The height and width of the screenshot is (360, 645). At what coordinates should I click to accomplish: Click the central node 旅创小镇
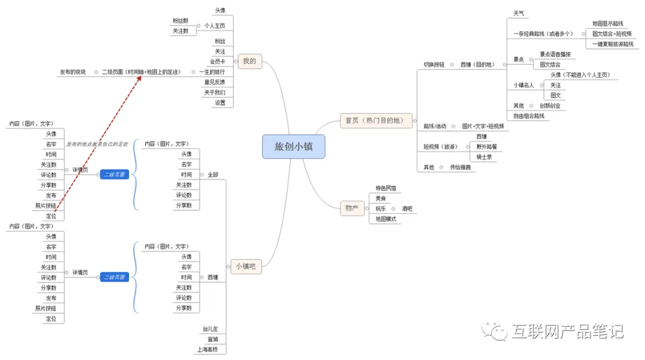[293, 146]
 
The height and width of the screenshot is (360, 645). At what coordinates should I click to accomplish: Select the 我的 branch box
[250, 61]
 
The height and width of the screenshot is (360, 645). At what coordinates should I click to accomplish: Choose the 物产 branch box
[352, 208]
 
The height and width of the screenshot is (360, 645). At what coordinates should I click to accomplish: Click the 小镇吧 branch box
[245, 267]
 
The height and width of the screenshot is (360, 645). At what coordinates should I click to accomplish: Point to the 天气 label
[519, 13]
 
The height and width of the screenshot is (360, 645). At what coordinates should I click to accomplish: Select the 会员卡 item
[217, 61]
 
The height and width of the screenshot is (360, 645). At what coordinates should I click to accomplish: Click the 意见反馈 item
[214, 82]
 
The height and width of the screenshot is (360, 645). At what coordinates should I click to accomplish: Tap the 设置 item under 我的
[220, 102]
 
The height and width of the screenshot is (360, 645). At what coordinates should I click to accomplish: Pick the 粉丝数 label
[181, 21]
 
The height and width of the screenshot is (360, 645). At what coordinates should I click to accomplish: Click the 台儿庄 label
[211, 329]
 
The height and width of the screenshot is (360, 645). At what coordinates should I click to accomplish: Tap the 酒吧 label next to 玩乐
[407, 209]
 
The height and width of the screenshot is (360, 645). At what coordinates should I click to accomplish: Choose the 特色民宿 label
[386, 188]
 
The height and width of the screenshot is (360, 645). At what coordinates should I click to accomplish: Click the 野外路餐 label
[486, 146]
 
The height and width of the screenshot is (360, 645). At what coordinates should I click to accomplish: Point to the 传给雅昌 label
[460, 167]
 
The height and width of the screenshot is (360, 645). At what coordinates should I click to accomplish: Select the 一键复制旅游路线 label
[613, 44]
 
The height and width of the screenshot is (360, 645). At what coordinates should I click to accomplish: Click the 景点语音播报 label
[555, 54]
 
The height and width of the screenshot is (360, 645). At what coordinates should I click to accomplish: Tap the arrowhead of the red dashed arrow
[140, 76]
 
